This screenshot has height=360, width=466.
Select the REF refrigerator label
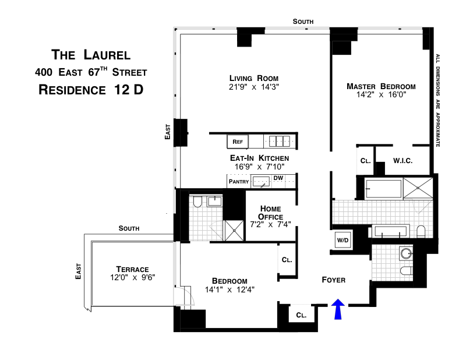[x=237, y=142]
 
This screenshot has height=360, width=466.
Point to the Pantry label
[x=239, y=182]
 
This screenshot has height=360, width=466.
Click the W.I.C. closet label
[x=403, y=161]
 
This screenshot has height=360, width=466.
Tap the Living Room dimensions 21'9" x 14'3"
[x=254, y=87]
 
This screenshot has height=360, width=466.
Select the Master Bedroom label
[x=381, y=86]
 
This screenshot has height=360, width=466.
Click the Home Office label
[x=270, y=213]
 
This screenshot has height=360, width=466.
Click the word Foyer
[x=334, y=280]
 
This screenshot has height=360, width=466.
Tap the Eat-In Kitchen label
[x=259, y=158]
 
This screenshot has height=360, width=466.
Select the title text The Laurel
[x=90, y=56]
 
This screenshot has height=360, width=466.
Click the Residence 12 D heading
[x=90, y=90]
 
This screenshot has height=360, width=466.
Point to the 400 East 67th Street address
[x=90, y=73]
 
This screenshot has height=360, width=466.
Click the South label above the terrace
[x=128, y=228]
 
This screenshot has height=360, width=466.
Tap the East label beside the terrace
[x=79, y=271]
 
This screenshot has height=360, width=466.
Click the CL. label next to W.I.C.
[x=365, y=161]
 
